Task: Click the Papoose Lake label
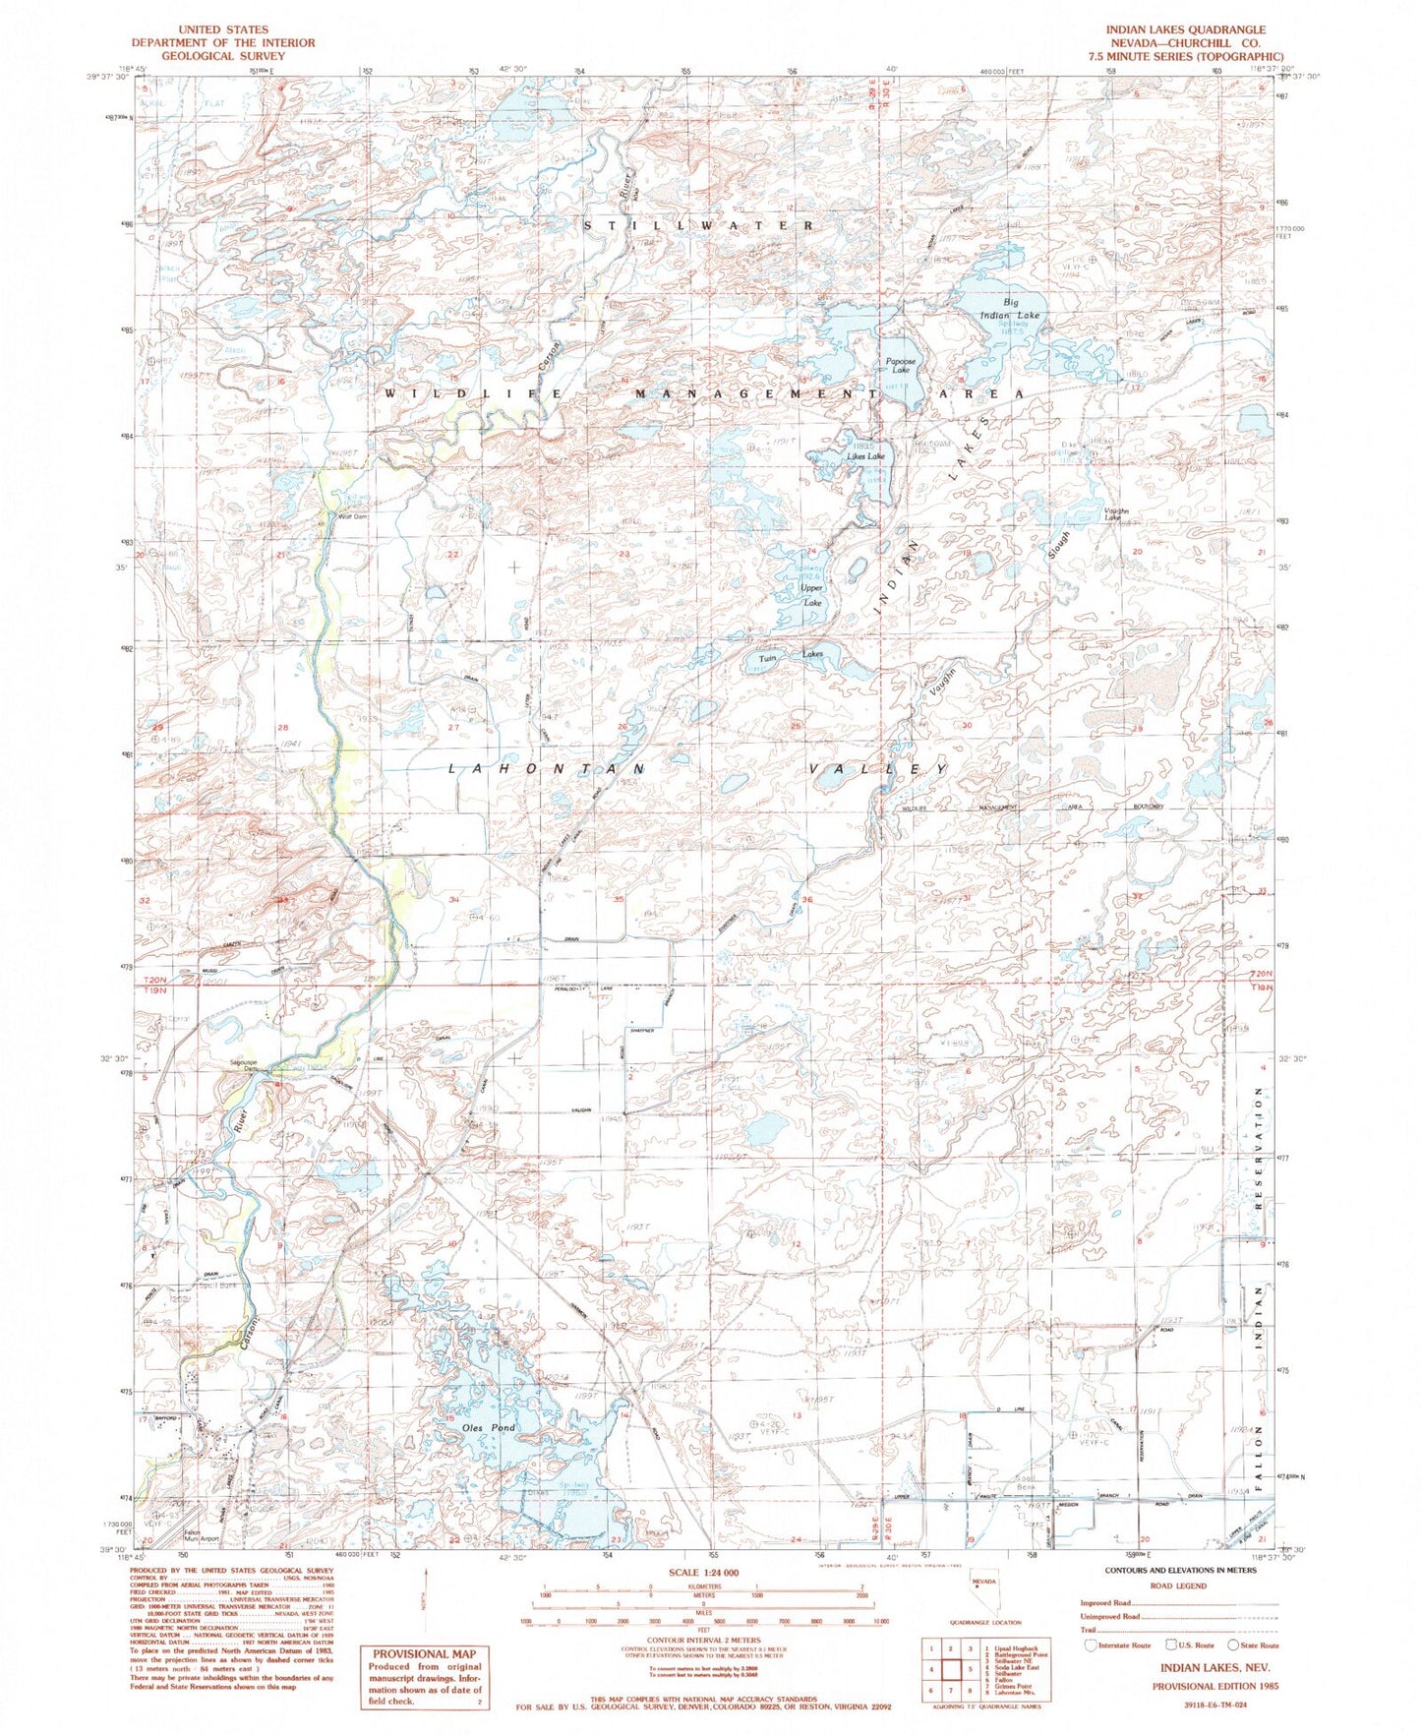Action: [x=899, y=366]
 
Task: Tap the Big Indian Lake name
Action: [x=1009, y=309]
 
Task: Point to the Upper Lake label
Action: [x=811, y=595]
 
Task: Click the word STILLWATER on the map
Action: [x=698, y=226]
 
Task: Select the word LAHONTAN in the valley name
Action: [x=547, y=768]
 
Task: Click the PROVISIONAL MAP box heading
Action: [x=424, y=1654]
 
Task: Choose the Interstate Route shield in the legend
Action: [x=1090, y=1645]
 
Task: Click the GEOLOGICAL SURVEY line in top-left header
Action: [x=223, y=56]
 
